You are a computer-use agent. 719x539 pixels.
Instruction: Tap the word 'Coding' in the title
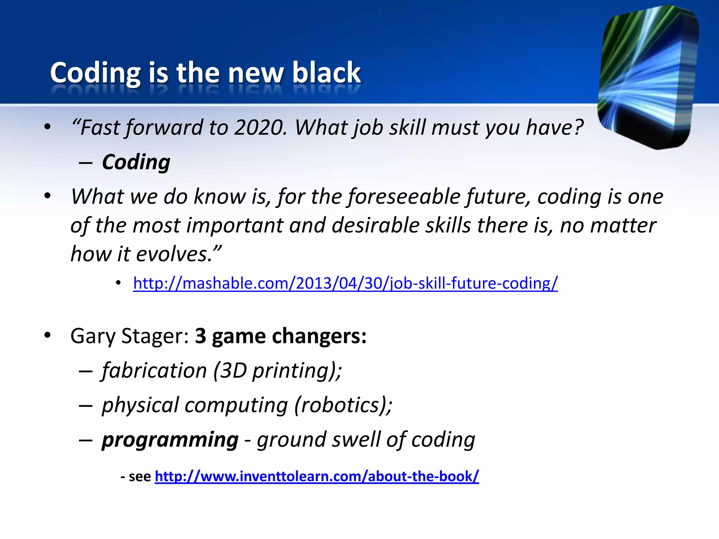pos(95,73)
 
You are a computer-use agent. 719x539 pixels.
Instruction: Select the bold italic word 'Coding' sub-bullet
pos(136,162)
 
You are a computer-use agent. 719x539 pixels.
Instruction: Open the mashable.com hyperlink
pos(345,283)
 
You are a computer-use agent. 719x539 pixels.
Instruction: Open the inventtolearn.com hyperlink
pos(317,476)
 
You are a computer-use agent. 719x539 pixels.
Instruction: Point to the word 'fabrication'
pos(154,371)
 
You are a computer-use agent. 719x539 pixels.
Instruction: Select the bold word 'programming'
pos(170,440)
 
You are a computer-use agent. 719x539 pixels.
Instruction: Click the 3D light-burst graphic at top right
pos(648,77)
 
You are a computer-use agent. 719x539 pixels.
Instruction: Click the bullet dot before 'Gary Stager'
pos(48,335)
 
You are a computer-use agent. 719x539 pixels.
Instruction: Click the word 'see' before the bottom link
pos(140,477)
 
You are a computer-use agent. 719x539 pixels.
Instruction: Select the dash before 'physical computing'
pos(86,406)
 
